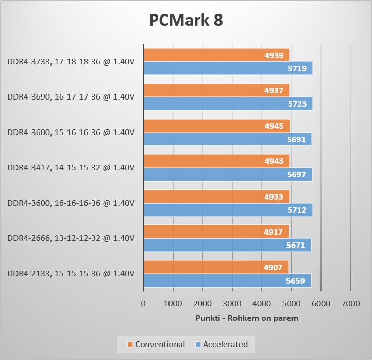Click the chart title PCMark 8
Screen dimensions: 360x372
pyautogui.click(x=186, y=20)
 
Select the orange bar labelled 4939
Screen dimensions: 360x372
pyautogui.click(x=216, y=55)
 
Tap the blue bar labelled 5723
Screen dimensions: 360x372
pyautogui.click(x=228, y=104)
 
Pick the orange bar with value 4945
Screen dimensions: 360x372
pyautogui.click(x=217, y=126)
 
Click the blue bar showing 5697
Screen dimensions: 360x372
pyautogui.click(x=228, y=174)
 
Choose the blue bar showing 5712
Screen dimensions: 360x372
pyautogui.click(x=228, y=209)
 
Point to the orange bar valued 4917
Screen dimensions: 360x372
pyautogui.click(x=216, y=232)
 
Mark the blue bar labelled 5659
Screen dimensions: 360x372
pyautogui.click(x=227, y=281)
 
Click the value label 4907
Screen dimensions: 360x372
pyautogui.click(x=273, y=267)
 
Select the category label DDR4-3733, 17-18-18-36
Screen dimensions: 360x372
pyautogui.click(x=71, y=62)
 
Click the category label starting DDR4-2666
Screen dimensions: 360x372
pyautogui.click(x=71, y=238)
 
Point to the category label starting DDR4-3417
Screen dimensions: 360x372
pyautogui.click(x=71, y=168)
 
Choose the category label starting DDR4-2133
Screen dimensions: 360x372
pyautogui.click(x=71, y=273)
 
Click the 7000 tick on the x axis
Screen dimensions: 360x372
pyautogui.click(x=350, y=304)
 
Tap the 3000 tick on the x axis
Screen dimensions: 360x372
pyautogui.click(x=232, y=304)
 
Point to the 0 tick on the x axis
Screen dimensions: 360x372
pyautogui.click(x=143, y=304)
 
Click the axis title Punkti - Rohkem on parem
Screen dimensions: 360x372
pyautogui.click(x=247, y=318)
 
